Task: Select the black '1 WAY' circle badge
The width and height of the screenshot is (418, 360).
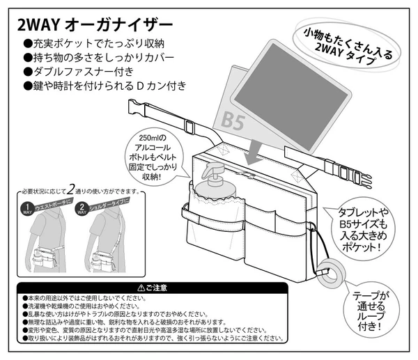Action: coord(26,208)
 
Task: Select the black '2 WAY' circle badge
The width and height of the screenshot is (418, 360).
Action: coord(82,208)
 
